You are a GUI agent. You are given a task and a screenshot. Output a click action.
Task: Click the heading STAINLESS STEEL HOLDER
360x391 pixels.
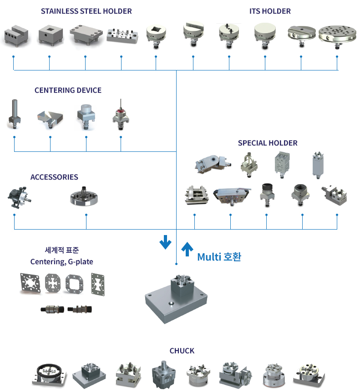(x=86, y=11)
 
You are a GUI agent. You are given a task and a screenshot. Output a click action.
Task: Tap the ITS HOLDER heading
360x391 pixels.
(x=270, y=11)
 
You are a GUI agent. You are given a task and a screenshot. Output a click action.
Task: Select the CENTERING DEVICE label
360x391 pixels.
(x=68, y=90)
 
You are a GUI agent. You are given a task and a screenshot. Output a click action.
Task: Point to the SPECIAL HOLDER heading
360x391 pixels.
(x=268, y=143)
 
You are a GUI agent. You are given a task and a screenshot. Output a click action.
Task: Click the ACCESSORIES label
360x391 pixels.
(x=54, y=177)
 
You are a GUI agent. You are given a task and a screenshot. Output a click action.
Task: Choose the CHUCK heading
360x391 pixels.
(x=182, y=351)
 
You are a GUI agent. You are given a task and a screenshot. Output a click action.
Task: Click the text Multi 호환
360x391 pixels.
(x=219, y=257)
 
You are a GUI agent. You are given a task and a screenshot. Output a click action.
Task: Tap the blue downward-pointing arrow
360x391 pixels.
(x=165, y=242)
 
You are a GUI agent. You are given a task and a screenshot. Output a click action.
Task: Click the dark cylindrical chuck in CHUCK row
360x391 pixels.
(x=163, y=373)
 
